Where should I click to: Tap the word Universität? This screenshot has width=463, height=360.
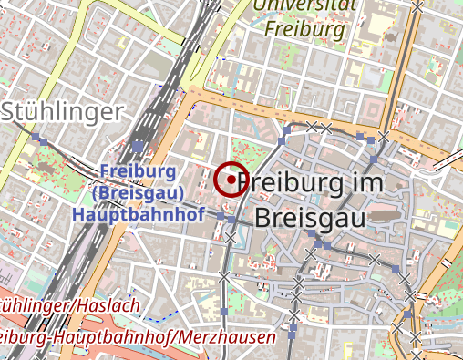[x=305, y=5]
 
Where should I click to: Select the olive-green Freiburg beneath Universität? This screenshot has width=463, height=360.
[x=305, y=28]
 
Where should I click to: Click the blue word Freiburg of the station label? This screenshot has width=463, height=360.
[x=139, y=172]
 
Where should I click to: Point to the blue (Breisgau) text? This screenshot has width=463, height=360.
[x=139, y=193]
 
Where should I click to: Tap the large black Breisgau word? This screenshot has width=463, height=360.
[x=310, y=219]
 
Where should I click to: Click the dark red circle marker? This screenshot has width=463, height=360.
[x=231, y=180]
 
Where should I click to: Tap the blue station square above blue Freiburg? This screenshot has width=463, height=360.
[x=138, y=146]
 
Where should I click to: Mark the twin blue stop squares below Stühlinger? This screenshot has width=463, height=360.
[x=38, y=139]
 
